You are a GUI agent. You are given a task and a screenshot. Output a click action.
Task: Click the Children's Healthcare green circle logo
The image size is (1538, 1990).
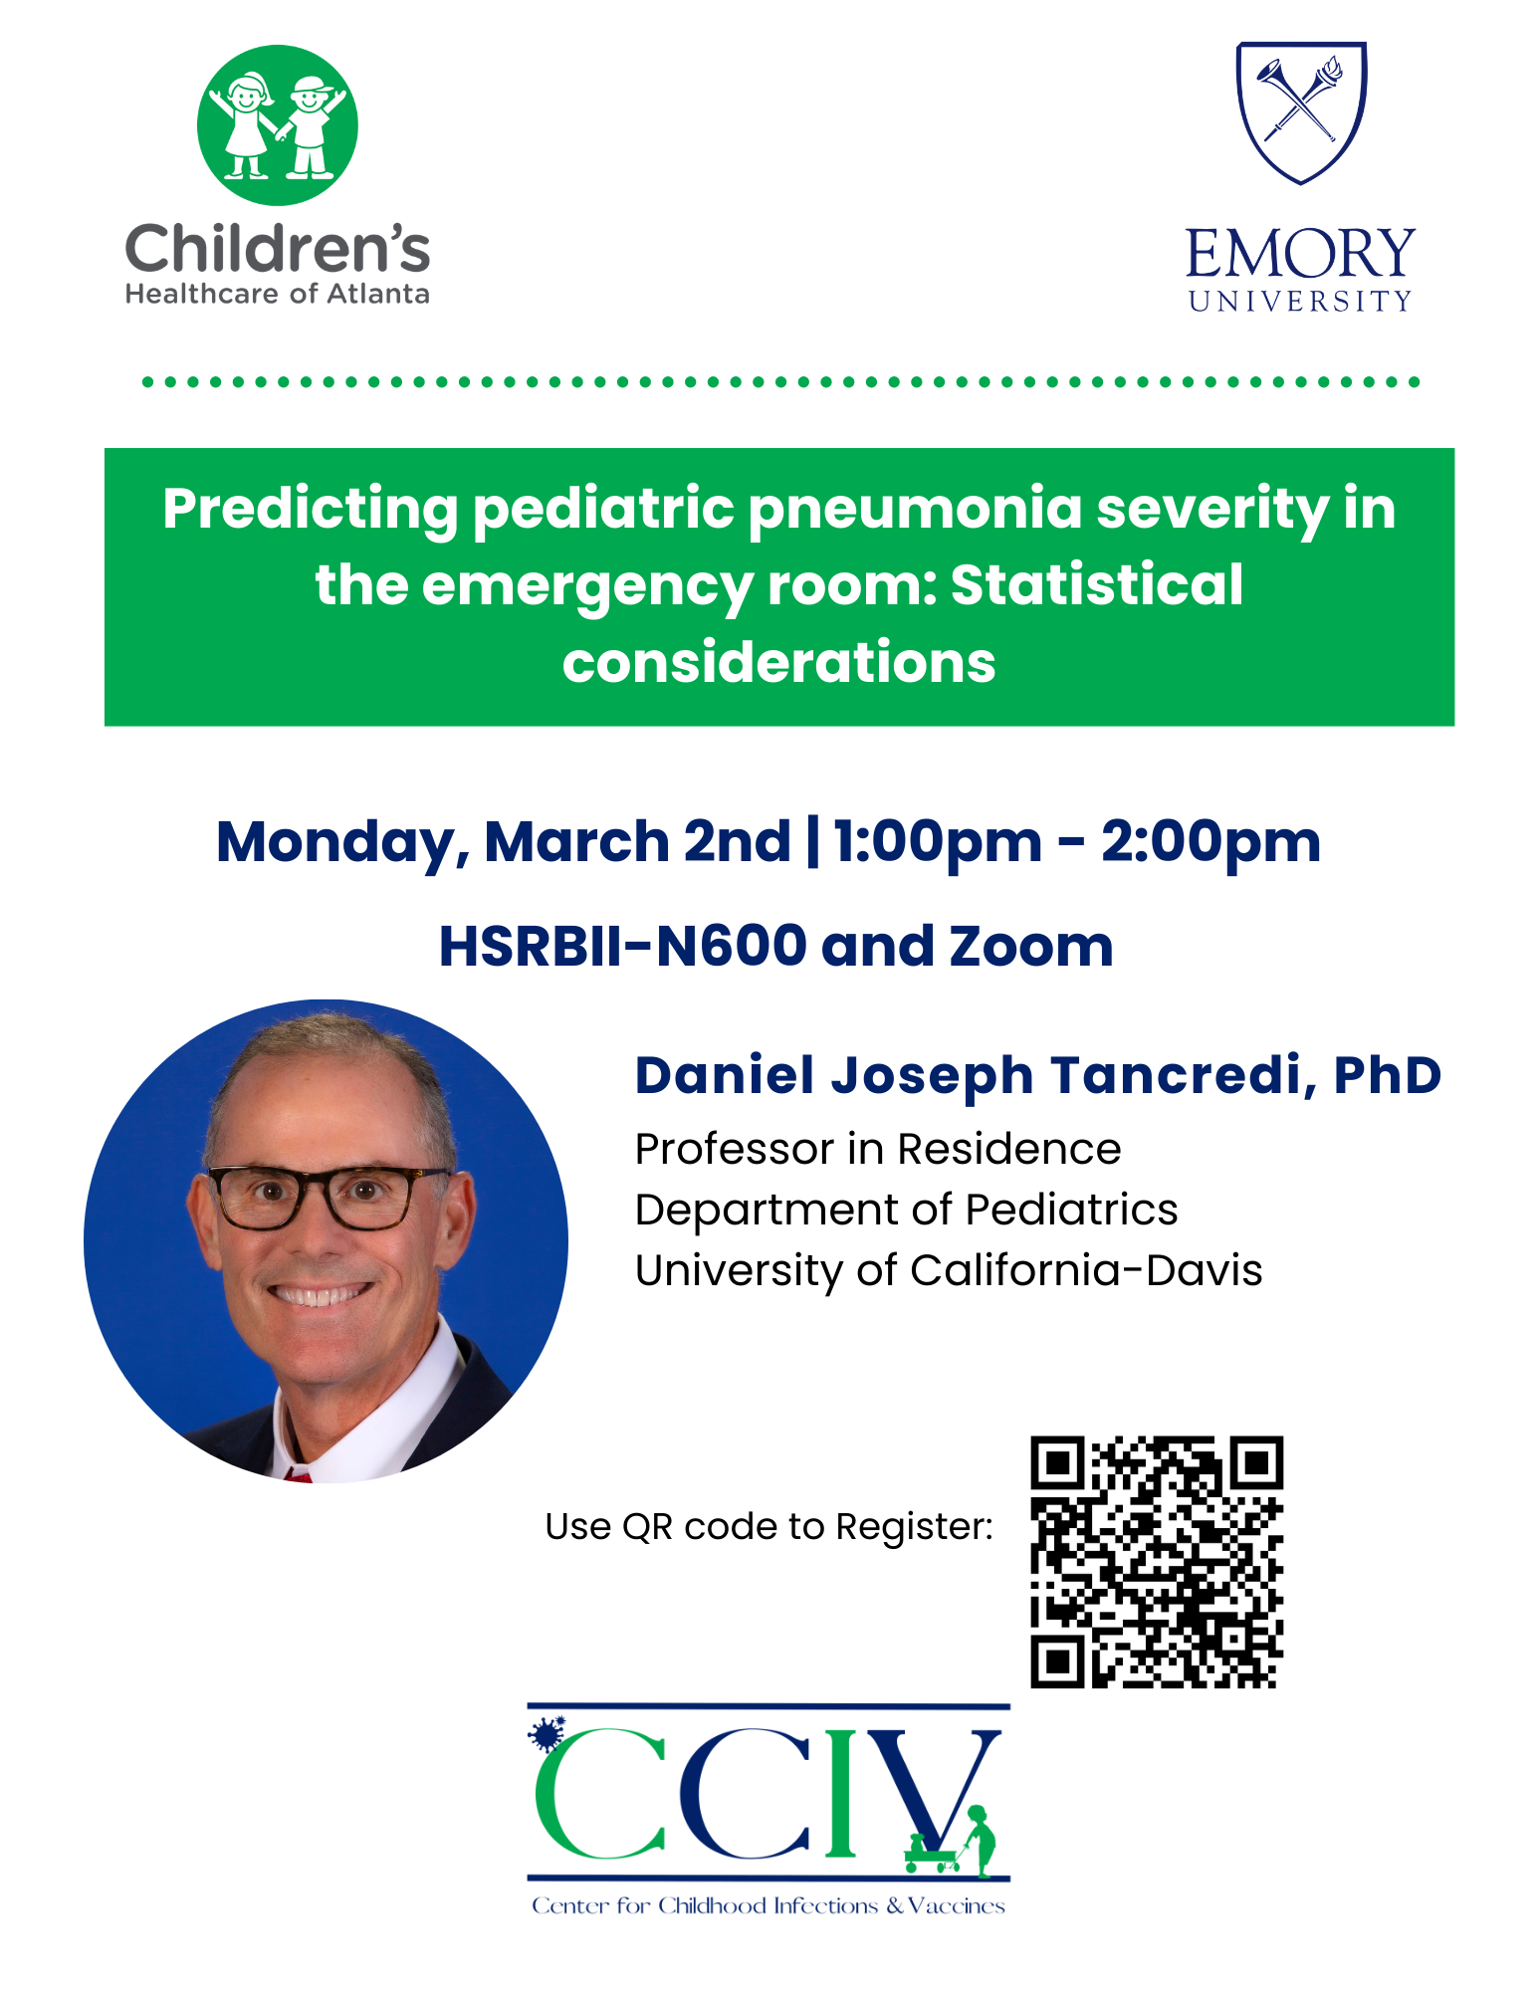click(277, 125)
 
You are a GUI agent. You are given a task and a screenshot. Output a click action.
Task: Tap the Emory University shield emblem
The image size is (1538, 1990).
click(1301, 112)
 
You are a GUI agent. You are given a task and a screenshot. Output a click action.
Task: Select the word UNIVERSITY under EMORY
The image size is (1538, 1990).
click(1300, 301)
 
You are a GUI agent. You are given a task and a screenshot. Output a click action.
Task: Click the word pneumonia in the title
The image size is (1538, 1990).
click(914, 510)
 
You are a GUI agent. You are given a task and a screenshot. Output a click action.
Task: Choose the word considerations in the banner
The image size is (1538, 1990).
click(778, 662)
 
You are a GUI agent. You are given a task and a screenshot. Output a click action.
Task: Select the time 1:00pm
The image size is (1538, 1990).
click(938, 843)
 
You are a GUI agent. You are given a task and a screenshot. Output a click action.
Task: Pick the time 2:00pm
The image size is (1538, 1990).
click(1210, 843)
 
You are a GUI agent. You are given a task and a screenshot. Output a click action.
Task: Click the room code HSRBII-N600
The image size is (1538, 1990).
click(622, 946)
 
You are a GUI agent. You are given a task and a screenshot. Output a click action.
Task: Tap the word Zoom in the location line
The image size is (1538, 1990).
click(1030, 946)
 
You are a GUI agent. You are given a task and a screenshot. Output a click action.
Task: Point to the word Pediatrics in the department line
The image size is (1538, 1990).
click(1071, 1211)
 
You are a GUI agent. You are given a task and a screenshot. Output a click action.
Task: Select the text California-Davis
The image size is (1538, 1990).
click(1086, 1270)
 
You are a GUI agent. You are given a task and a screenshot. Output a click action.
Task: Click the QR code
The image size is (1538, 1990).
click(1157, 1562)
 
